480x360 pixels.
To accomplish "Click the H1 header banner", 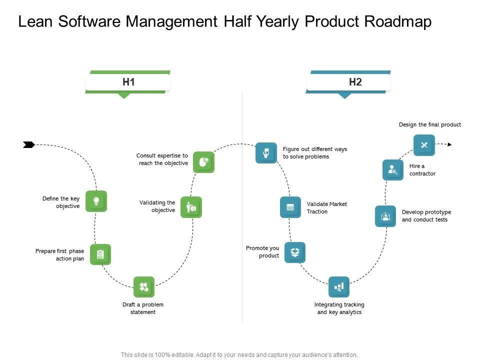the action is click(128, 82).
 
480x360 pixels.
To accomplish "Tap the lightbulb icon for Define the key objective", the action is click(96, 201).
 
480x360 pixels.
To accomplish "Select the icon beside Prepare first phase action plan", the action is click(100, 254).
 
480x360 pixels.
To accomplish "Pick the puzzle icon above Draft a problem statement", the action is click(144, 287).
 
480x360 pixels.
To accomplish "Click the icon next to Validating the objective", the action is click(191, 207).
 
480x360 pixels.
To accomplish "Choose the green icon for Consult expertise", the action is click(204, 162).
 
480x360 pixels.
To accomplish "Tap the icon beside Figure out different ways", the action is click(266, 152).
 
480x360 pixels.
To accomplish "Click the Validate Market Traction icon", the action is click(290, 207).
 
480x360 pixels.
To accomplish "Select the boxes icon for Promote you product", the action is click(295, 252).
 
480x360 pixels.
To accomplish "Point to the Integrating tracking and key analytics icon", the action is click(339, 287).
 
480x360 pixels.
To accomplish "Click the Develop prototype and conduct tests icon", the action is click(385, 216).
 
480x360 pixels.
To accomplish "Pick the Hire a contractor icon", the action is click(393, 170).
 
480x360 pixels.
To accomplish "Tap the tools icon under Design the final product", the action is click(424, 145).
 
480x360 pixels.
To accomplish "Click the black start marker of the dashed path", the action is click(29, 144).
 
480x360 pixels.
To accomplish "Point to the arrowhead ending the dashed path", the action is click(449, 144).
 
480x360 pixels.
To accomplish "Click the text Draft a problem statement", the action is click(143, 308).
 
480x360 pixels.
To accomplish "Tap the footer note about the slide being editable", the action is click(239, 354).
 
